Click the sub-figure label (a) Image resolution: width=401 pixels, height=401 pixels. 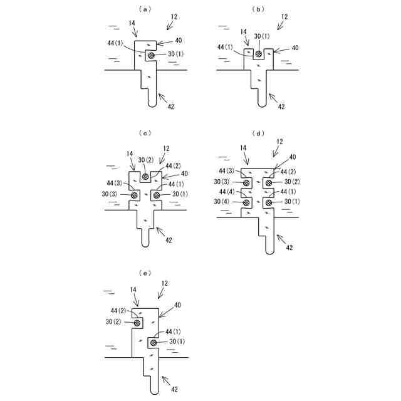(x=145, y=9)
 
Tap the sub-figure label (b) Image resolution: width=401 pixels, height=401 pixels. (x=256, y=9)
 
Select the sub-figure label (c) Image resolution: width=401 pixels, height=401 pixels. (x=145, y=133)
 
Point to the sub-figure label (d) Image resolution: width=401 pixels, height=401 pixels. (x=256, y=133)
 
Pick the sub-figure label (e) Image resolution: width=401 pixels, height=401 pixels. (x=145, y=273)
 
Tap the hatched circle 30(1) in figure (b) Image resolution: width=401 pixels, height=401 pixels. (x=258, y=54)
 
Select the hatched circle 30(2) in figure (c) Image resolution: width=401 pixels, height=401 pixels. (x=145, y=177)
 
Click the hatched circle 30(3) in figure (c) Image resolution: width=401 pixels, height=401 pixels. (x=134, y=195)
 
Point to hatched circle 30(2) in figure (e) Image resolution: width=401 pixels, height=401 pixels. (x=137, y=322)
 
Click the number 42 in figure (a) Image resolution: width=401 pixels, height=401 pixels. (x=170, y=107)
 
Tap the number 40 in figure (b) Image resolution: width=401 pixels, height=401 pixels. (x=294, y=48)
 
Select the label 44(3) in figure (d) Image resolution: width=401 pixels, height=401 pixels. (x=227, y=171)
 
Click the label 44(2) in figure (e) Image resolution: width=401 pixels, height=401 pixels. (x=119, y=311)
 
